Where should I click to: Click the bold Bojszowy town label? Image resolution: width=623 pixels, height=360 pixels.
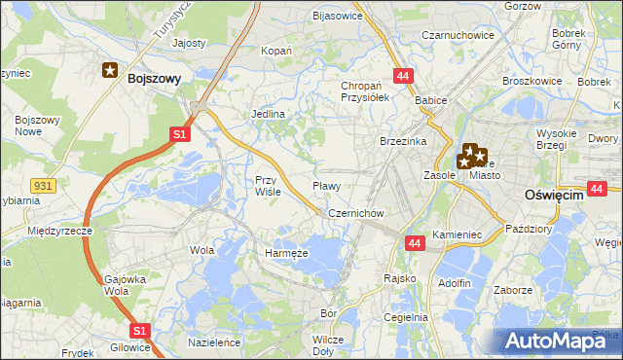[154, 80]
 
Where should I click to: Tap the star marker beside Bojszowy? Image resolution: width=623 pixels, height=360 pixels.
[111, 70]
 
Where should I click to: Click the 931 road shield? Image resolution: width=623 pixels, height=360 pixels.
[42, 184]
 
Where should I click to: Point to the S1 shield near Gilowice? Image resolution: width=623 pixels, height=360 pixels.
[139, 331]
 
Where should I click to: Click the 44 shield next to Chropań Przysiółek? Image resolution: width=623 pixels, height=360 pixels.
[402, 75]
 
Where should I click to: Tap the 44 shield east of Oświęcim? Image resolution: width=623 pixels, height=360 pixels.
[598, 188]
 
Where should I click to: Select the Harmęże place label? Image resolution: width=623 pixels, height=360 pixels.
[286, 253]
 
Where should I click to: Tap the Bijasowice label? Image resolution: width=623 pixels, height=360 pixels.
[337, 16]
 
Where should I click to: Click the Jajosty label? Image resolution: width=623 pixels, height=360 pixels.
[189, 44]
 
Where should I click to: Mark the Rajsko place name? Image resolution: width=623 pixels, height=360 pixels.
[400, 278]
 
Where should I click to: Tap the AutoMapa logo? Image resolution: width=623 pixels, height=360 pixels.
[558, 341]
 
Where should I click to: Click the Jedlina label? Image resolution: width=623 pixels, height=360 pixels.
[268, 114]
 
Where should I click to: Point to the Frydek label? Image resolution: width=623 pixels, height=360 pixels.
[76, 352]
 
